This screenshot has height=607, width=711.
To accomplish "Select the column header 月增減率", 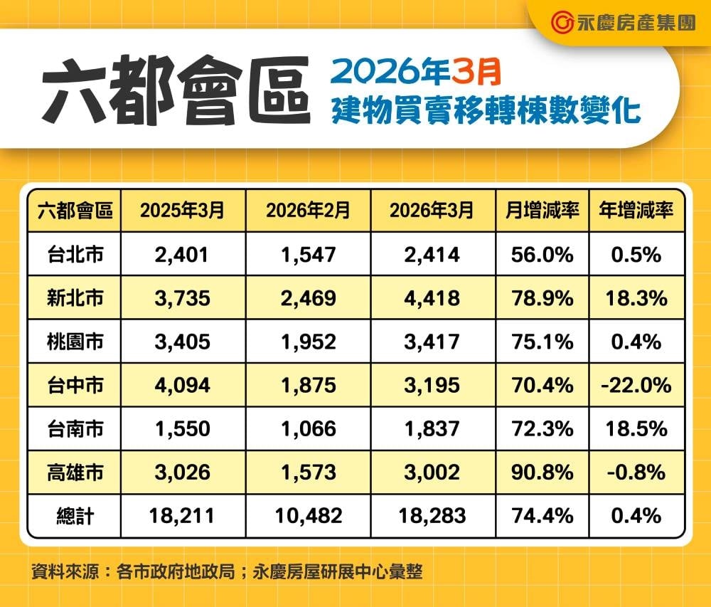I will click(542, 211).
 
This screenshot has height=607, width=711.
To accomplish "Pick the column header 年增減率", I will click(637, 211).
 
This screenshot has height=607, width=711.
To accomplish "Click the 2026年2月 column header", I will click(308, 211).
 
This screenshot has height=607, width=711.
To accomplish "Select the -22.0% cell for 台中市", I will click(637, 385).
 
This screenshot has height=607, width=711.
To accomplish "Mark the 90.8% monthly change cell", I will click(542, 472).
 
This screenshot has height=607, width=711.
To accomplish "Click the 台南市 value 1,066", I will click(308, 428).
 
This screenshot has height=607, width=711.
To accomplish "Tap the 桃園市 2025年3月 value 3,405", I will click(182, 342).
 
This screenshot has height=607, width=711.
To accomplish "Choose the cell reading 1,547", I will click(308, 254).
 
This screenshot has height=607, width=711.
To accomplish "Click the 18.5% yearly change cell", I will click(637, 428).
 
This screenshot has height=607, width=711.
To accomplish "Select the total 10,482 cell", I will click(308, 515).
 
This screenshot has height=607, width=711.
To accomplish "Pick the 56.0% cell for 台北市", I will click(542, 254).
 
